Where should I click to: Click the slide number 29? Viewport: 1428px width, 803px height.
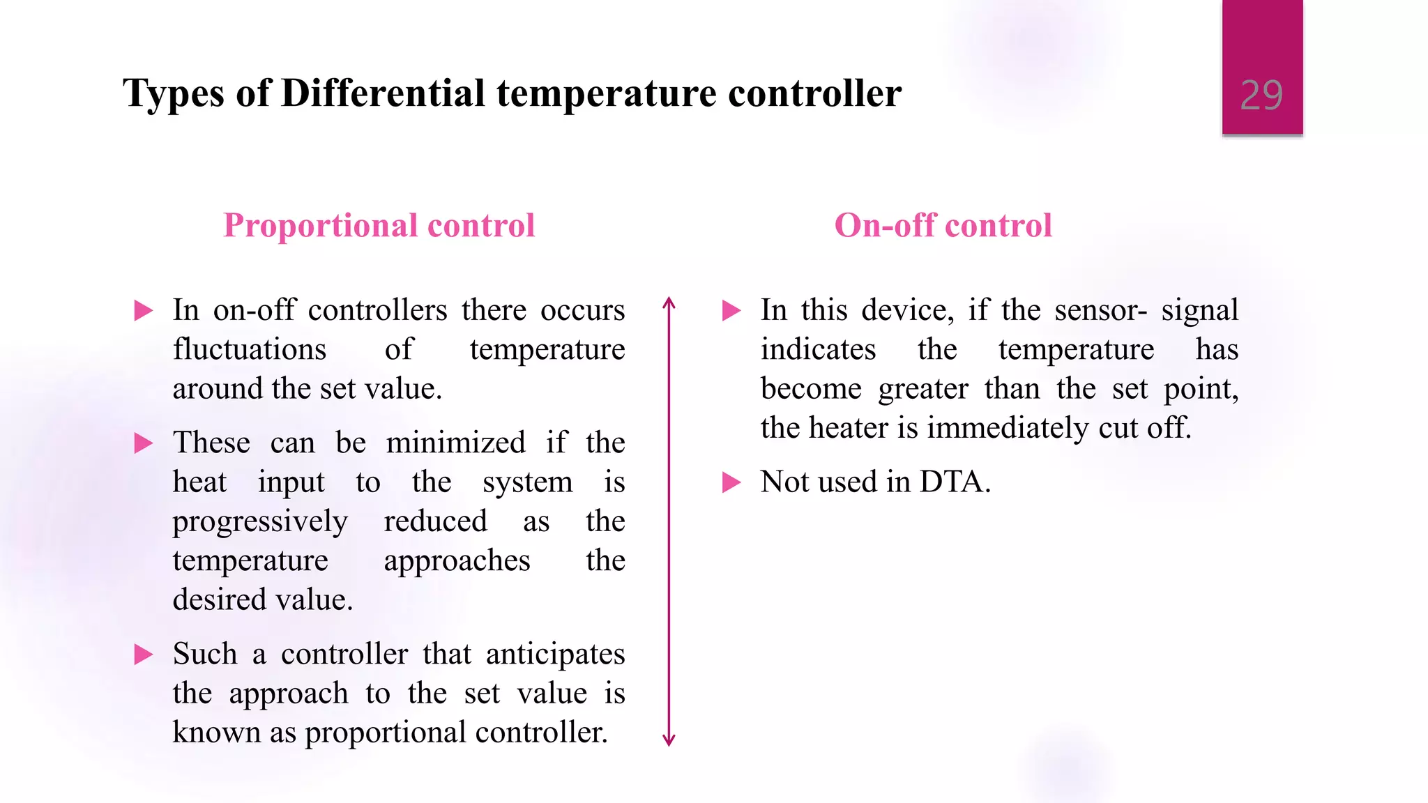(1261, 95)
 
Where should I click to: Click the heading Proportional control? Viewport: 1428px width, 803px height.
(379, 226)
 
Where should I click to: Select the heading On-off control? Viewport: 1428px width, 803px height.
(943, 226)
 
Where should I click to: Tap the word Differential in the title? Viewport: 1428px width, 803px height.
(383, 93)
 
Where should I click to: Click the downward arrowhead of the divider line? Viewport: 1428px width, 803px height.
(669, 740)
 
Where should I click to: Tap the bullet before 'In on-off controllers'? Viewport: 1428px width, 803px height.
(144, 310)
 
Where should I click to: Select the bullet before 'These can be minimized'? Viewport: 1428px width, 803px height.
(144, 443)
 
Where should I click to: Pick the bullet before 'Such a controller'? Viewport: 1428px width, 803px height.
(144, 655)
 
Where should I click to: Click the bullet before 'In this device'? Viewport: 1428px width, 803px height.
(731, 310)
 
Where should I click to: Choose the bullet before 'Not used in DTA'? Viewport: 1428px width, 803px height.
(731, 482)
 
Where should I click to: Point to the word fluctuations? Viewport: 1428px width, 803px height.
(250, 349)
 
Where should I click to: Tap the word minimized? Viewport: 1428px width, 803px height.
(456, 443)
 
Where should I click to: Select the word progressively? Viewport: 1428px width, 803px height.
(260, 522)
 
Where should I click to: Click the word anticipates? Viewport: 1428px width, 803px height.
(555, 655)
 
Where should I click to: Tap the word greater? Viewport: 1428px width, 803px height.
(923, 389)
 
